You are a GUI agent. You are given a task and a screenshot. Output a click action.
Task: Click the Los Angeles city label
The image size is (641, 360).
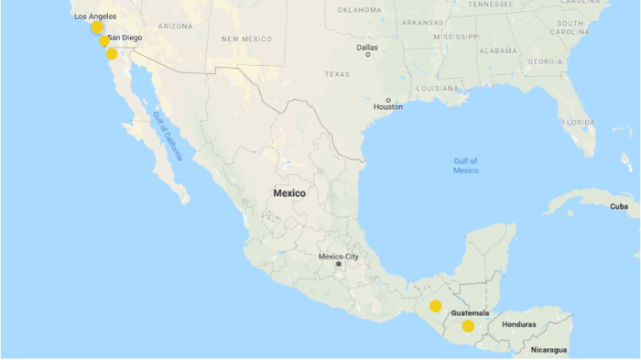pos(95,16)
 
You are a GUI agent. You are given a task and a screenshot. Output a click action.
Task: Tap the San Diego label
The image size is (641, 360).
pos(125,38)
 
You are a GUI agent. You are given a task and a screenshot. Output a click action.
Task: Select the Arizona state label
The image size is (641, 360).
pos(175,26)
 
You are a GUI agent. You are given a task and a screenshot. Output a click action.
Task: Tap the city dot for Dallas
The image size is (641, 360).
pos(368,54)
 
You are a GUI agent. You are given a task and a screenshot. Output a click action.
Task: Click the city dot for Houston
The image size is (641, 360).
pos(388,100)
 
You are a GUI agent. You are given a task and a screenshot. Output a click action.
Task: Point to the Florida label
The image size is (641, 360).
pos(578,122)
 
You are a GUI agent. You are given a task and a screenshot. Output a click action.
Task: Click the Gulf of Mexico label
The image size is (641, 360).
pos(465,165)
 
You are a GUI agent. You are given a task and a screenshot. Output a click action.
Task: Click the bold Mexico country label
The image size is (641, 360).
pos(289,193)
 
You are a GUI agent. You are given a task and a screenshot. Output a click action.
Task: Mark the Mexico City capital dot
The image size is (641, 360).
pos(339,265)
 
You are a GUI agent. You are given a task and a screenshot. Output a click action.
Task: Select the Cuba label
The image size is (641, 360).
pos(619,207)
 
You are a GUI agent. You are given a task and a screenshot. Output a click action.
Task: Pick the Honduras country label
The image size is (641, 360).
pos(518,325)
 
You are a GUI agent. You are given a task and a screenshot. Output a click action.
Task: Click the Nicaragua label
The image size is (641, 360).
pos(549,350)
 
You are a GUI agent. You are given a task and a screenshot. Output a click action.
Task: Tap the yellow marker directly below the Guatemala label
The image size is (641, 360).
pos(468,326)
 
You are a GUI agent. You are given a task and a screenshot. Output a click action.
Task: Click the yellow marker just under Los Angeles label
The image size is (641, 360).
pos(97,27)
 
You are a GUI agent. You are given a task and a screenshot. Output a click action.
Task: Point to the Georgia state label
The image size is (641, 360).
pos(545,61)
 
